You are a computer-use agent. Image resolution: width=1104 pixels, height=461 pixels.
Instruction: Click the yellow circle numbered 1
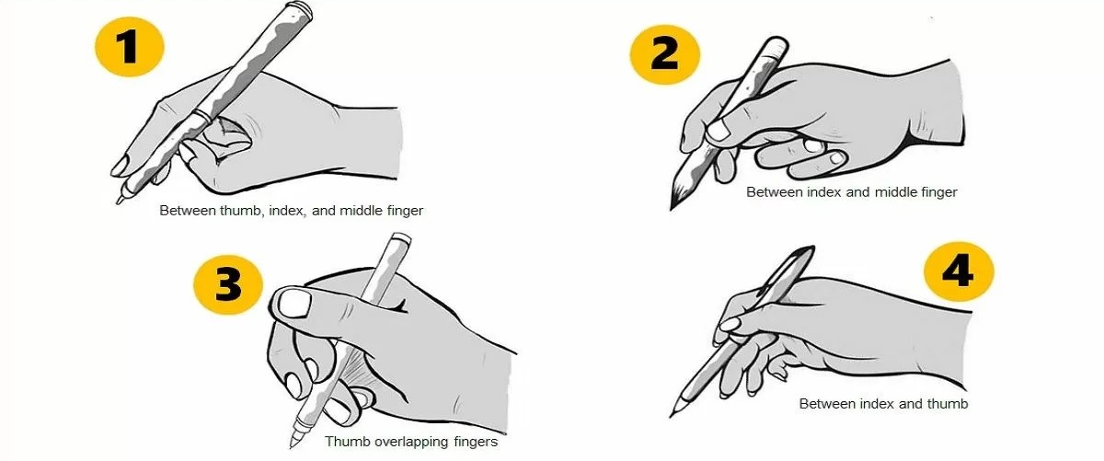[x=130, y=46]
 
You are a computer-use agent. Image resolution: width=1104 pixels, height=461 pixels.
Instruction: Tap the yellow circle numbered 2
[x=665, y=54]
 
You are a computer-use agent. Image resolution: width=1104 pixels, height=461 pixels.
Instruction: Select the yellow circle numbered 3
[x=228, y=284]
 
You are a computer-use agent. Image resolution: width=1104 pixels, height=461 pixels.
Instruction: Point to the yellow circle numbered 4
[x=959, y=271]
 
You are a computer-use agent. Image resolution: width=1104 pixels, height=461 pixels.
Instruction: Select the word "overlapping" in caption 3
[x=412, y=442]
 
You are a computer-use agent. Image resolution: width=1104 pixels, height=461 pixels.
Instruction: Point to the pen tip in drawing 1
[x=119, y=201]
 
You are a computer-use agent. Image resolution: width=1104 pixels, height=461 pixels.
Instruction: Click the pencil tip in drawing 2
[x=672, y=208]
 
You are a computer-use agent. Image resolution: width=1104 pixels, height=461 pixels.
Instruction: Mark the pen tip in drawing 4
[x=672, y=415]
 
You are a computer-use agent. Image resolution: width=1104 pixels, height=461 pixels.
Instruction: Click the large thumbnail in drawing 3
[x=294, y=303]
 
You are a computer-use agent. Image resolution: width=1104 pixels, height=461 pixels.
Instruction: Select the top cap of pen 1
[x=299, y=8]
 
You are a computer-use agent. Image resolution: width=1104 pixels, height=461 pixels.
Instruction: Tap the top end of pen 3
[x=400, y=238]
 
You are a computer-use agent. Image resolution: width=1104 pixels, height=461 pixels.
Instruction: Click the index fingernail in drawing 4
[x=730, y=324]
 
